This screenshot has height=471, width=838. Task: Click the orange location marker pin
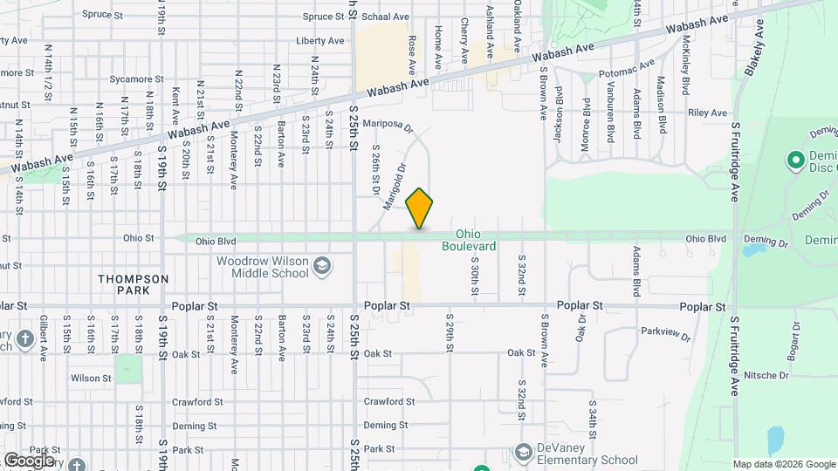coord(420,208)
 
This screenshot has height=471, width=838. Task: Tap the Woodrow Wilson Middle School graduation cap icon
coord(322,265)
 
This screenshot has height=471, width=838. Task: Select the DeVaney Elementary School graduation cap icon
coord(523,452)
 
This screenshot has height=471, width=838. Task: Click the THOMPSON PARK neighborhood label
coord(134,284)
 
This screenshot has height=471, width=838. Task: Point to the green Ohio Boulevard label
coord(475,240)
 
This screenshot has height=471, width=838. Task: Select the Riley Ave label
coord(707,113)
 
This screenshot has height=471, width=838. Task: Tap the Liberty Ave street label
coord(319,41)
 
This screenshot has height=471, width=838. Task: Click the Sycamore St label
coord(132,79)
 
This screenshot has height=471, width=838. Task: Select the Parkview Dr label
coord(665,333)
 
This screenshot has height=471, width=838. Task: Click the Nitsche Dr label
coord(766,375)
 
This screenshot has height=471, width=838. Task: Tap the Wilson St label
coord(91,379)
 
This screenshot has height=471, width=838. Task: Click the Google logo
coord(29,461)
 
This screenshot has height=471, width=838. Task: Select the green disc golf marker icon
coord(795,160)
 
